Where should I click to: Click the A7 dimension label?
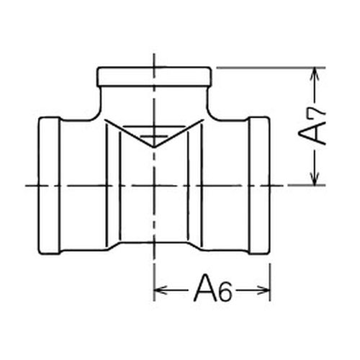point(312,125)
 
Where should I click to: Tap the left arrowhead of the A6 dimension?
point(161,290)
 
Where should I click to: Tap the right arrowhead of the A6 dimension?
point(264,290)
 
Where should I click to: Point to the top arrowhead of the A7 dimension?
point(315,74)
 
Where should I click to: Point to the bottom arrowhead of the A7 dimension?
point(315,179)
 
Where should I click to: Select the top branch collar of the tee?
point(154,76)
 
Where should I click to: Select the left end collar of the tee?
point(49,185)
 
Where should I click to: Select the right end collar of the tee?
point(259,185)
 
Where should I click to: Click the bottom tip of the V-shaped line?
point(154,147)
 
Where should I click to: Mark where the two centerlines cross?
point(154,185)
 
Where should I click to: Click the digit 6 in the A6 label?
point(225,292)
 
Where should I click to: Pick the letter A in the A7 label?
point(311,133)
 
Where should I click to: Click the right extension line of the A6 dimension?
point(270,282)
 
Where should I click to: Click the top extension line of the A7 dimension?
point(271,68)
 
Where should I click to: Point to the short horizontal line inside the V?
point(154,136)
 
